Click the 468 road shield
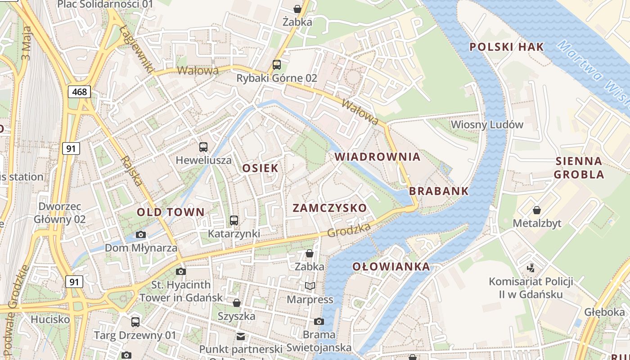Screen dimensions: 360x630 [80, 92]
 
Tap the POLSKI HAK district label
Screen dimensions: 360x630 [507, 47]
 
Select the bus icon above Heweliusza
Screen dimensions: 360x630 [203, 147]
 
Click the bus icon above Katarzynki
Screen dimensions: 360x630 [234, 220]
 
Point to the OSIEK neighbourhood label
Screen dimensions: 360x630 [260, 168]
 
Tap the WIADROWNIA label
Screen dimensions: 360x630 [378, 157]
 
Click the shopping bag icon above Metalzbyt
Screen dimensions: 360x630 [536, 210]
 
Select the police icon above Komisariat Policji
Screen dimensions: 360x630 [531, 268]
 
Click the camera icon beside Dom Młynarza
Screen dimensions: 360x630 [141, 234]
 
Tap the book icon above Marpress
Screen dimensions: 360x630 [310, 286]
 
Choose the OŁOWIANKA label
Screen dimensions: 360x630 [391, 266]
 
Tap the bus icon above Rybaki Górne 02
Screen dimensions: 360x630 [277, 64]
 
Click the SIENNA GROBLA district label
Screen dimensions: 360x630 [579, 167]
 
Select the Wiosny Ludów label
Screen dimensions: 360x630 [487, 124]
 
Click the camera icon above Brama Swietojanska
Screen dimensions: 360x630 [319, 321]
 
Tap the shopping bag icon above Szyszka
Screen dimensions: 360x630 [237, 303]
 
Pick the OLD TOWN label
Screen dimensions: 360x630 [171, 212]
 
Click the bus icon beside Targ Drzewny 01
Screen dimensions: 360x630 [135, 322]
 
